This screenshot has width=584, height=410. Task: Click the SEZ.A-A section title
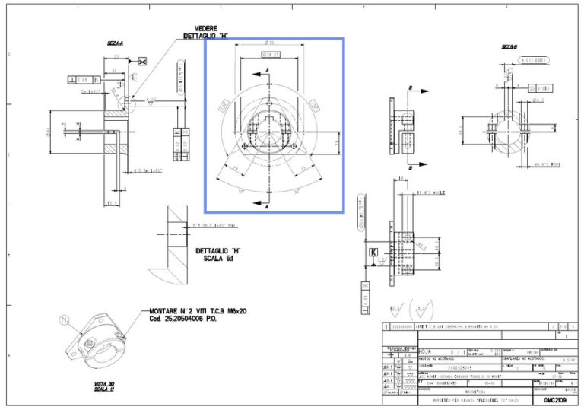tap(116, 43)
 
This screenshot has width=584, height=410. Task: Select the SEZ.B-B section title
tap(509, 46)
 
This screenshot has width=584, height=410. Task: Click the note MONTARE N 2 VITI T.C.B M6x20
tap(197, 310)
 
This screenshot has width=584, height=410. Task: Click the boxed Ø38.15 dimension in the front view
tap(271, 55)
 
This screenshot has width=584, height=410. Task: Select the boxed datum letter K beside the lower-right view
tap(373, 251)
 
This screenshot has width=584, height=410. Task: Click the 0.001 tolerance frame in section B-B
tap(543, 88)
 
